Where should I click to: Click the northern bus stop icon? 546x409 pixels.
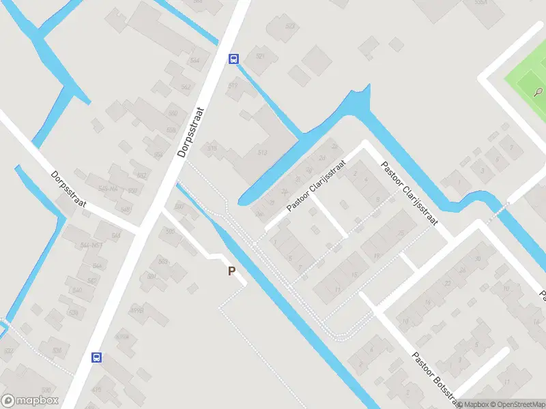coord(233,59)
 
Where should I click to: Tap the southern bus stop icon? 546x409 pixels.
coord(97,357)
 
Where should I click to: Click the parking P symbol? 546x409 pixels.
coord(232,271)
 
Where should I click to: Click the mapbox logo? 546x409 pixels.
coord(30,401)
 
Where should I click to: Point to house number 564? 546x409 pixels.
coord(195,61)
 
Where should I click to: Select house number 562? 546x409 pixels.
coord(185,87)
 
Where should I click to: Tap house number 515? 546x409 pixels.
coord(212,148)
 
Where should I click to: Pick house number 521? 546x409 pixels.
coord(259,56)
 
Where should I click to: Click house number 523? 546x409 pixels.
coord(291,27)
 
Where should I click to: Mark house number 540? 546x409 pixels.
coord(76,290)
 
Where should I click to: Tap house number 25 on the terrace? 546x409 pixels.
coord(401,233)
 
